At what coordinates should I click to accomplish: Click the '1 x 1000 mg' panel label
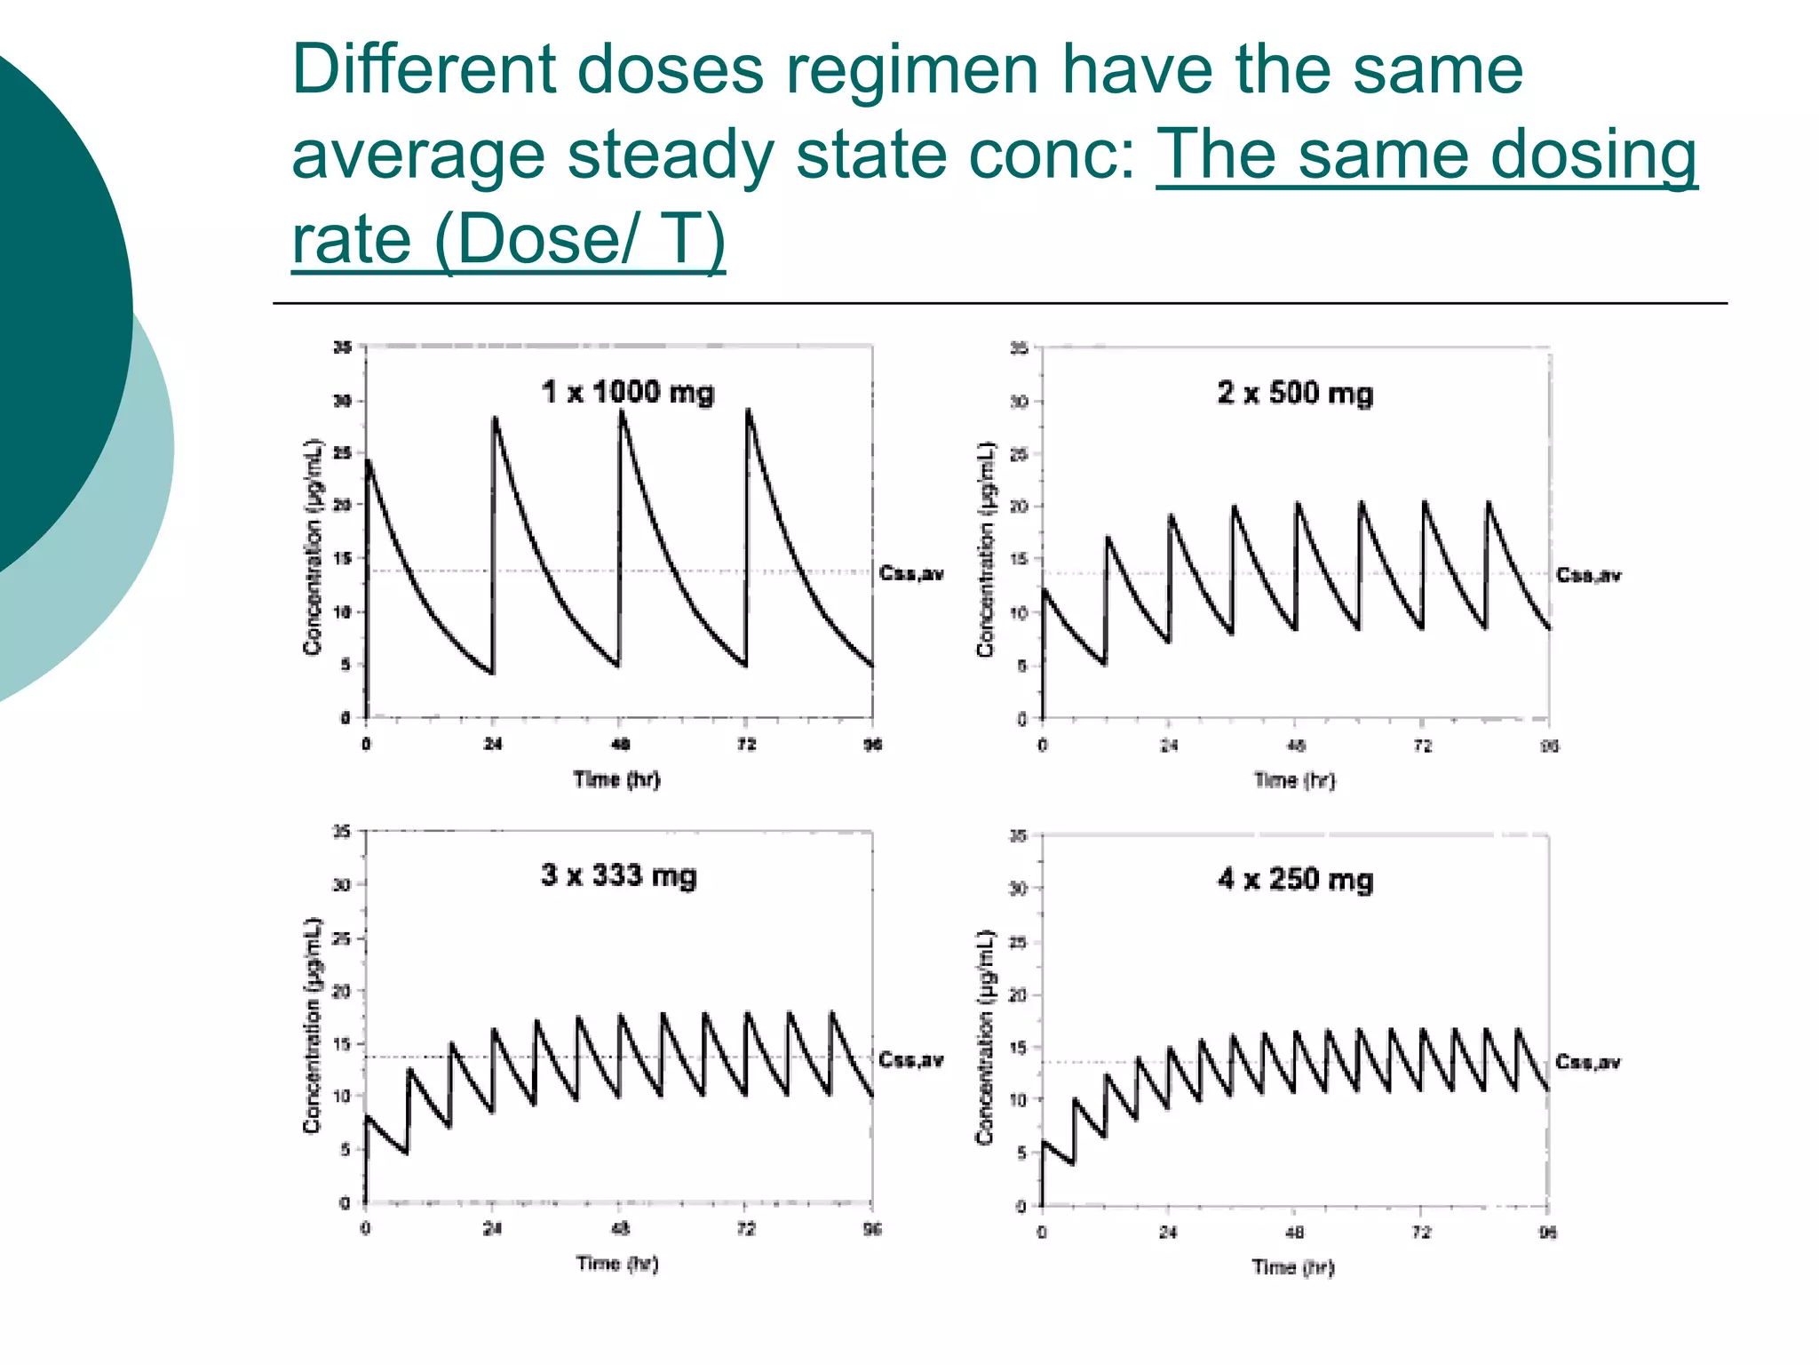tap(627, 392)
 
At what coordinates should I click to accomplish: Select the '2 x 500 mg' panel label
tap(1294, 393)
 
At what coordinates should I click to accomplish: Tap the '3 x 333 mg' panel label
tap(618, 875)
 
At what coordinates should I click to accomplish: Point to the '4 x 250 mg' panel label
tap(1295, 879)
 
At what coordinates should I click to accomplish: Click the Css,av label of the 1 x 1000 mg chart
tap(910, 573)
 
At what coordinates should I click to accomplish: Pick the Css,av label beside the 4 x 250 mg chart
tap(1587, 1062)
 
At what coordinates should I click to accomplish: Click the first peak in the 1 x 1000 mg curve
tap(369, 461)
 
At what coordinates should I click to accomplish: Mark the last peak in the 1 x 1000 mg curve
tap(749, 411)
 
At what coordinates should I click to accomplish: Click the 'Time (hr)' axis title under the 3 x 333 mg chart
tap(616, 1263)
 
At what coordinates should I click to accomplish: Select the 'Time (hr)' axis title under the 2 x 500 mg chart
tap(1293, 780)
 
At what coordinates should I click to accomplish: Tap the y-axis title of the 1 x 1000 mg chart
tap(312, 547)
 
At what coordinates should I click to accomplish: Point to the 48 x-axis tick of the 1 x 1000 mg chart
tap(621, 744)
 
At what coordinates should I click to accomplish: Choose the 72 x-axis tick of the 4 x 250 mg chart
tap(1421, 1232)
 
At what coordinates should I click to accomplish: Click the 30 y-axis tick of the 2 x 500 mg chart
tap(1019, 402)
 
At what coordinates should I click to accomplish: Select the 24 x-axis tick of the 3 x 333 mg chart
tap(492, 1228)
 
